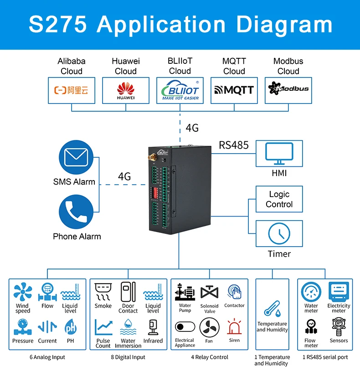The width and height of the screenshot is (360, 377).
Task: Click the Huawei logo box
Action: [125, 90]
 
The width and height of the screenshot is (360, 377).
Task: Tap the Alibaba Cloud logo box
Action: [72, 90]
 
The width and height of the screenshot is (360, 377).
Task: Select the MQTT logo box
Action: [234, 90]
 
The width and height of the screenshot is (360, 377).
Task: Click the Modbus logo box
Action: [288, 90]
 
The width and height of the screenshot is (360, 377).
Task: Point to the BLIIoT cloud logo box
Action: [180, 90]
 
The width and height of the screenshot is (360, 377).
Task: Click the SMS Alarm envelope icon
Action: [76, 158]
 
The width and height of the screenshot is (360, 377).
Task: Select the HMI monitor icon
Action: [279, 154]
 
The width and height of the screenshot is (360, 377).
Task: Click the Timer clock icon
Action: [279, 234]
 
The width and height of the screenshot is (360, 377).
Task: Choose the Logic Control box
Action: [279, 199]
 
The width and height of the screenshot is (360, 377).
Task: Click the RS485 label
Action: [234, 145]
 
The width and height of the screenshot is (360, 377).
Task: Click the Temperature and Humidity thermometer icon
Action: [272, 309]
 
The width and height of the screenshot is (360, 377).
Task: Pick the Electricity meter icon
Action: [339, 291]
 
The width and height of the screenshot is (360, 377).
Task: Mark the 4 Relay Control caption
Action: [210, 357]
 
